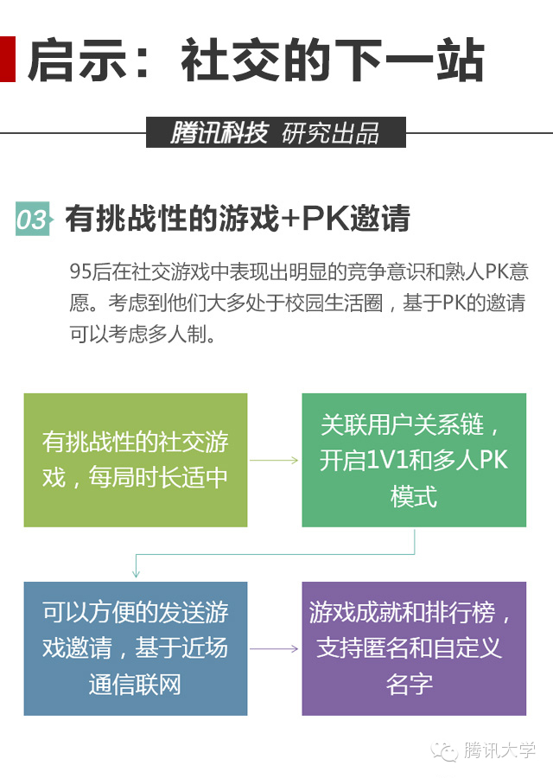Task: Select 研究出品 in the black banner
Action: click(x=331, y=133)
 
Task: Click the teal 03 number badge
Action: click(x=32, y=219)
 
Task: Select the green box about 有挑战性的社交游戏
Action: click(x=136, y=460)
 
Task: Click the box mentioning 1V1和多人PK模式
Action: click(x=414, y=460)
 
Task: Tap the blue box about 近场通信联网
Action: click(x=136, y=648)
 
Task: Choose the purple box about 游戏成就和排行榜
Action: click(x=414, y=648)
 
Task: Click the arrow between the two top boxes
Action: click(x=274, y=460)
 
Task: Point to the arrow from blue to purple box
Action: click(x=274, y=648)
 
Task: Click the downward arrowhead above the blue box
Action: click(x=136, y=573)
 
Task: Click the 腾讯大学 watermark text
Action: click(x=499, y=749)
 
